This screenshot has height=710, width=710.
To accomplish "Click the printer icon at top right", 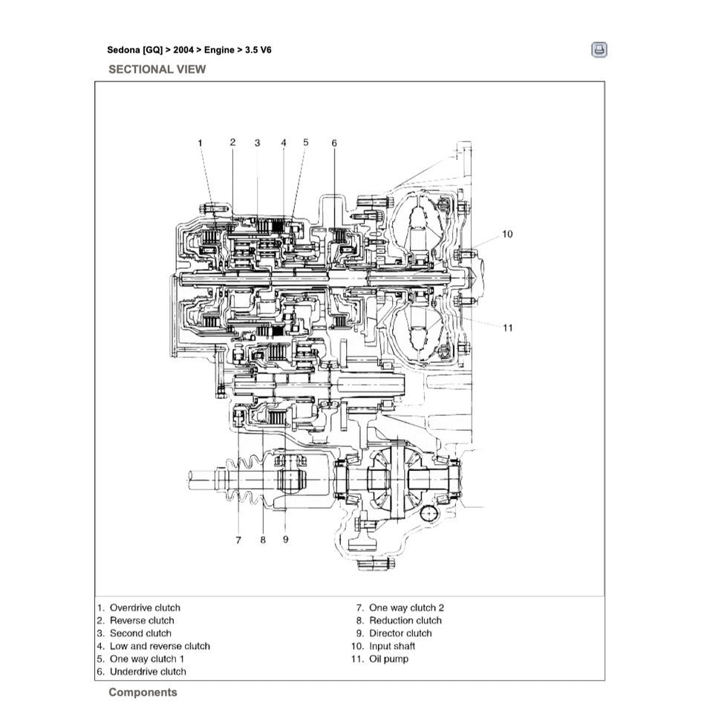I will (599, 51).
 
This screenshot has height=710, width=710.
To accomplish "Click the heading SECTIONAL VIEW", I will (157, 69).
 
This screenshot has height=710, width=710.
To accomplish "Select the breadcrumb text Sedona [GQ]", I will (135, 51).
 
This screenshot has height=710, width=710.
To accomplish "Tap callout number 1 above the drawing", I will (200, 142).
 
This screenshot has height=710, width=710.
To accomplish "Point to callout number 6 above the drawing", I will (334, 143).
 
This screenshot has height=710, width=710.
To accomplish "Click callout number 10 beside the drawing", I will (507, 234).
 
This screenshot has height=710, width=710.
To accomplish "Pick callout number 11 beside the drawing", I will (507, 328).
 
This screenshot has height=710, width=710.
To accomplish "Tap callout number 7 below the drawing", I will (238, 540).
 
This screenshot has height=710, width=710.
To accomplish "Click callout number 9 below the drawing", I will (285, 540).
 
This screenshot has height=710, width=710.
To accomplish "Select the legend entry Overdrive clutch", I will (145, 608).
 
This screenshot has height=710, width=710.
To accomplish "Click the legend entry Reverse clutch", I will (142, 620).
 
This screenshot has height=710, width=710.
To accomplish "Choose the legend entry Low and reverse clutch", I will (160, 646).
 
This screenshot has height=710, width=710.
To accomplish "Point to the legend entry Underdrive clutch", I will (148, 671).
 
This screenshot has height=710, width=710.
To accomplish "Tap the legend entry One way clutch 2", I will (406, 608).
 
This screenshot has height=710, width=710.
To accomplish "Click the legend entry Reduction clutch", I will (405, 620).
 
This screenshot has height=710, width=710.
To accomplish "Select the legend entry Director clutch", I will (400, 634).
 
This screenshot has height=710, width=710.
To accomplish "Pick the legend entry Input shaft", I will (392, 646).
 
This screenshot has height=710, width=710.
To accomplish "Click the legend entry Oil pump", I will (388, 659).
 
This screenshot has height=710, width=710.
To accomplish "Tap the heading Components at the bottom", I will (143, 692).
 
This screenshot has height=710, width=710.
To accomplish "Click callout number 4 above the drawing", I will (284, 142).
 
